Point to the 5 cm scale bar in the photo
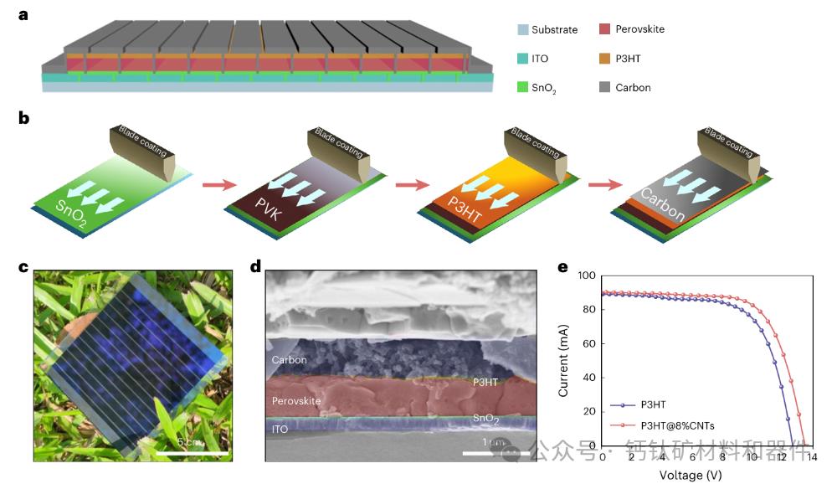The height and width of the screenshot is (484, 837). [193, 452]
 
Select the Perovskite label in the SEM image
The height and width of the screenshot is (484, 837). [297, 401]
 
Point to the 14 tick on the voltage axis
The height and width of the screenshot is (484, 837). [812, 456]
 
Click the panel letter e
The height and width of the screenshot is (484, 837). [562, 268]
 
